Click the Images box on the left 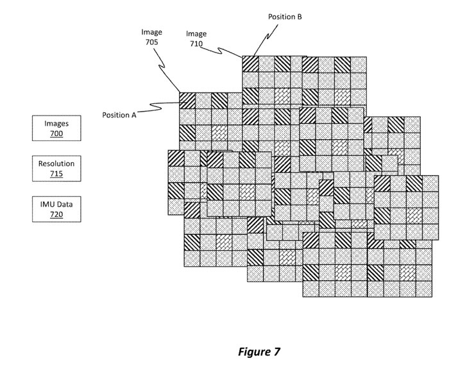click(56, 128)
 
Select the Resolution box click(56, 169)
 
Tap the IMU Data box click(56, 209)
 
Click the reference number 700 click(56, 134)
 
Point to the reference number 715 click(56, 174)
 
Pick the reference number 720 click(56, 214)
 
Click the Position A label click(119, 115)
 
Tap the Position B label click(285, 17)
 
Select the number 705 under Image click(152, 42)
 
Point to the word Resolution click(56, 164)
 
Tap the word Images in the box click(56, 123)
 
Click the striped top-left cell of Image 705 click(187, 100)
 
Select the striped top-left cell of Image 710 click(250, 64)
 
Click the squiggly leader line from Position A click(160, 106)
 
